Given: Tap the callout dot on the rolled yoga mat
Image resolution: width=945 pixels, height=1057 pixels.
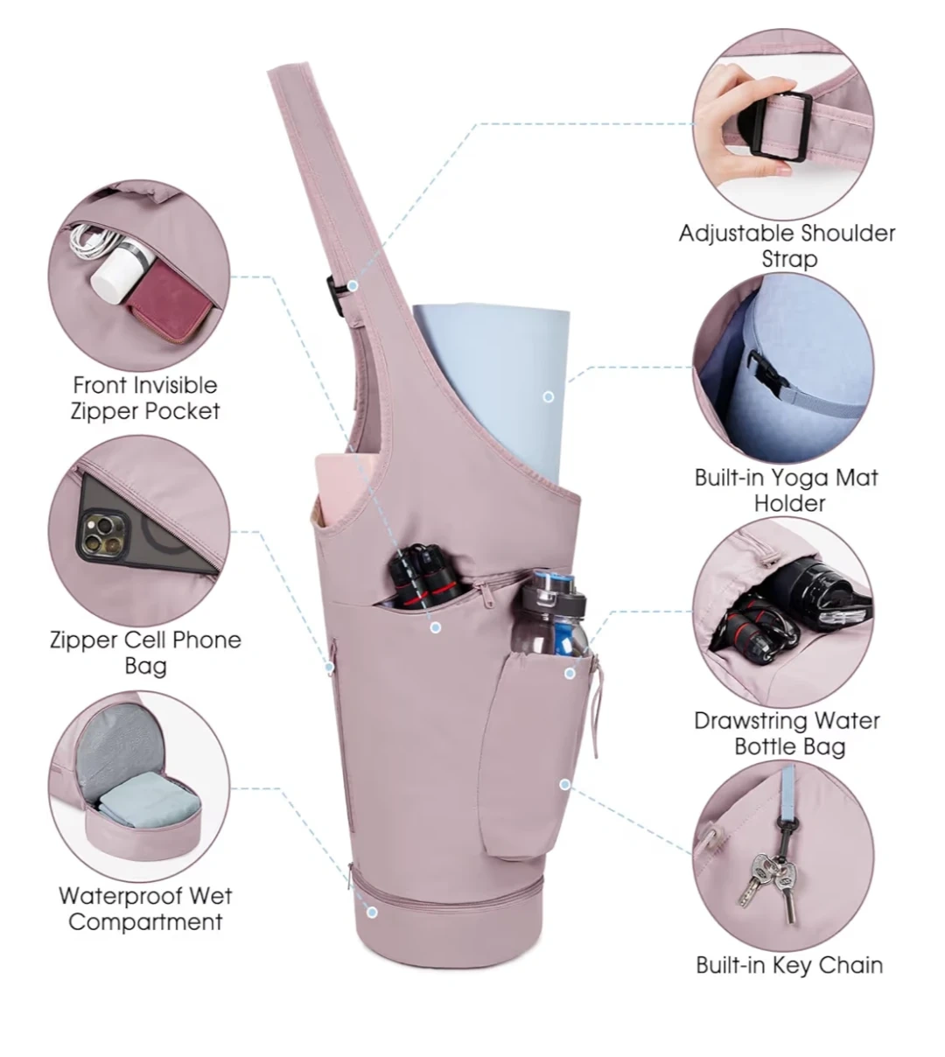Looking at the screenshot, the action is (x=549, y=397).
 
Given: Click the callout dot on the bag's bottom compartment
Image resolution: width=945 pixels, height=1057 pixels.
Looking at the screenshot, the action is (x=372, y=913).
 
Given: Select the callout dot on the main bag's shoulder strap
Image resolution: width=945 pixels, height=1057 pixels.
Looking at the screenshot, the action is (x=353, y=285).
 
